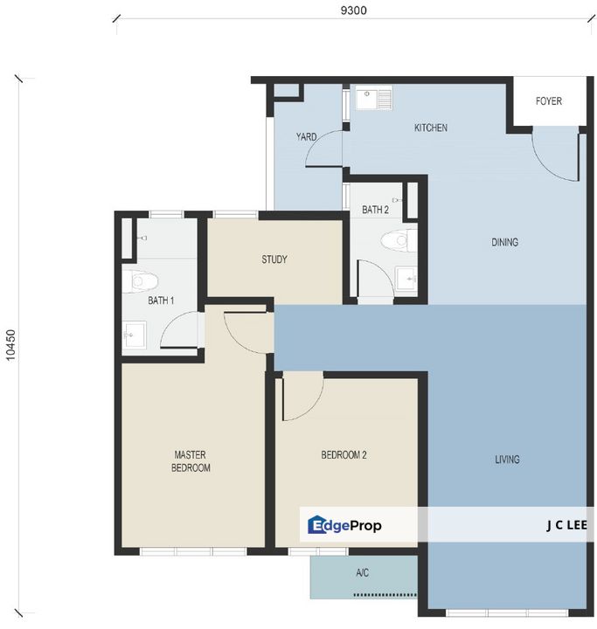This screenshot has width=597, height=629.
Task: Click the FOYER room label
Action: pyautogui.click(x=548, y=101)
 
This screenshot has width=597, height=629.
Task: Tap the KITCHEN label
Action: pyautogui.click(x=430, y=128)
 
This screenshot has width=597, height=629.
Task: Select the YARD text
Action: pyautogui.click(x=306, y=137)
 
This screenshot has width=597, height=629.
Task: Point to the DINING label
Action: pyautogui.click(x=504, y=242)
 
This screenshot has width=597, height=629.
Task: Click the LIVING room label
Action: pyautogui.click(x=507, y=460)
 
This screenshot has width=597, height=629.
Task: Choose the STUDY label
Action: pyautogui.click(x=274, y=259)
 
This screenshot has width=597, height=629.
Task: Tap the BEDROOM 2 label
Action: pyautogui.click(x=344, y=455)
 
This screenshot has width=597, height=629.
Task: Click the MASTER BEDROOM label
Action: pyautogui.click(x=191, y=461)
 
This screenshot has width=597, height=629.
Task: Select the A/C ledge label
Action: pyautogui.click(x=362, y=573)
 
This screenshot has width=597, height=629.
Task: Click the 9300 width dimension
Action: pyautogui.click(x=353, y=10)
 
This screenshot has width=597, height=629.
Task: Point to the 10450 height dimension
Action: pyautogui.click(x=10, y=345)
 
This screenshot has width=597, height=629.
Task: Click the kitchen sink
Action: pyautogui.click(x=374, y=99)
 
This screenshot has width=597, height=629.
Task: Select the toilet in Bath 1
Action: pyautogui.click(x=140, y=281)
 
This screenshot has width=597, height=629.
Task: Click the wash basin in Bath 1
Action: pyautogui.click(x=134, y=334)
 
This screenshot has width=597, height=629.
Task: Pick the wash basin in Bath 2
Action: pyautogui.click(x=406, y=280)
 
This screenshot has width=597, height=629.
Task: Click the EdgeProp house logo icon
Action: pyautogui.click(x=316, y=525)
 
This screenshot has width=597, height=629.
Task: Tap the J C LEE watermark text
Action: pyautogui.click(x=566, y=525)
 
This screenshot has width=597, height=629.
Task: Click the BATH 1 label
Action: pyautogui.click(x=161, y=301)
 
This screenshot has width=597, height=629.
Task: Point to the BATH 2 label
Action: pyautogui.click(x=375, y=210)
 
